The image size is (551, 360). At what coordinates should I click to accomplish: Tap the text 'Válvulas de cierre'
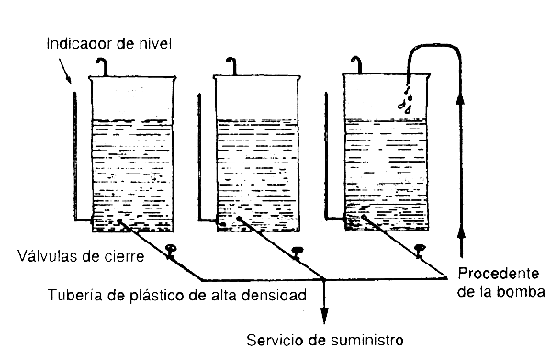[x=86, y=257]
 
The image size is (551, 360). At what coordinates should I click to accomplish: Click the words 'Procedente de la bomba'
[x=500, y=284]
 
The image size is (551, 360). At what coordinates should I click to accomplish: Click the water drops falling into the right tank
[x=404, y=99]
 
